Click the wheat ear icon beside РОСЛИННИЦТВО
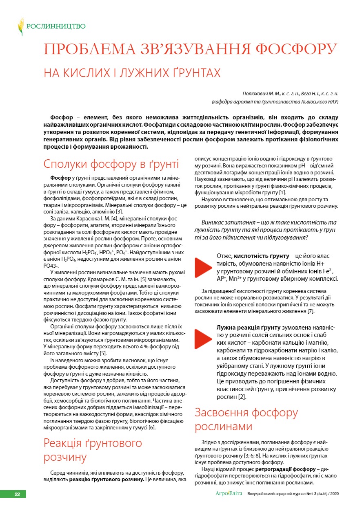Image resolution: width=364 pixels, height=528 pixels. (21, 26)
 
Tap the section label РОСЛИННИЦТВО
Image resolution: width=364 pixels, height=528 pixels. (56, 26)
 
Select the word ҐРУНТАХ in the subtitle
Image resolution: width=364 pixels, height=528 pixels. (194, 73)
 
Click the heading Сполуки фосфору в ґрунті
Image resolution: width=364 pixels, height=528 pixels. (111, 165)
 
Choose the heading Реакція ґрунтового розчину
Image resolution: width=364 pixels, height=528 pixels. (93, 450)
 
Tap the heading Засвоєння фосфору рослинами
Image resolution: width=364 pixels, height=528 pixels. (246, 420)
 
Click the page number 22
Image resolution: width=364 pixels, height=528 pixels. (17, 494)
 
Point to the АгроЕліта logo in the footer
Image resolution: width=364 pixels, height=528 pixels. (229, 494)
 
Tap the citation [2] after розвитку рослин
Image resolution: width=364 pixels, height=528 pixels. (242, 396)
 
